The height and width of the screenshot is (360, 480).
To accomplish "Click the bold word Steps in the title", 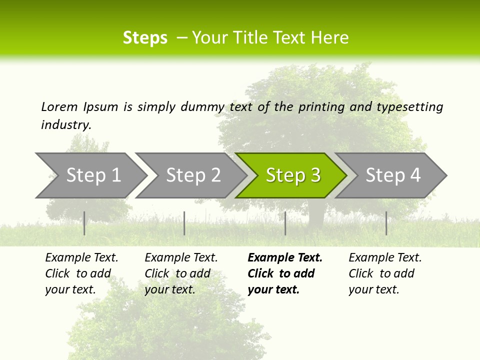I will click(x=145, y=38).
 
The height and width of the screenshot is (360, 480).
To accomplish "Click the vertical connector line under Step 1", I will click(x=84, y=223).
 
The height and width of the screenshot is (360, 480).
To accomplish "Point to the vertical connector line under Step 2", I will click(x=184, y=223).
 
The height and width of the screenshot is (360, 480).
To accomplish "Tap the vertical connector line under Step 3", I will click(x=285, y=223).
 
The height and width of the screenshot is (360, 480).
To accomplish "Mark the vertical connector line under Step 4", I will click(x=386, y=223).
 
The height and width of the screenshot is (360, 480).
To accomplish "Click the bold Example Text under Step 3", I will click(x=285, y=258).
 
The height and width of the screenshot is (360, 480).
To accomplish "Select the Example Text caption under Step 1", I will click(x=81, y=258).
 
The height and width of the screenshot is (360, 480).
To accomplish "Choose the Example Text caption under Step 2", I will click(x=181, y=258).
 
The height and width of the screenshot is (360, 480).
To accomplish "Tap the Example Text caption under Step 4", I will click(x=385, y=258).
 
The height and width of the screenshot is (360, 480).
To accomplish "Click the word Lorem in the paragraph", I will click(x=59, y=107).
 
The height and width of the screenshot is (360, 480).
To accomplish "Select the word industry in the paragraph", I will click(x=65, y=125).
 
